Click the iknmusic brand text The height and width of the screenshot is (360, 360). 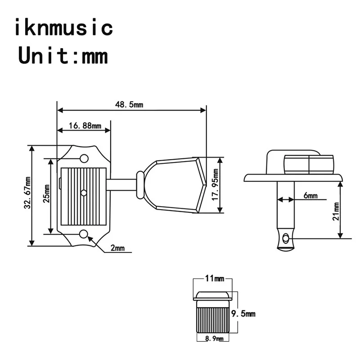63,28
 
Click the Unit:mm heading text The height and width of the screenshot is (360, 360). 63,57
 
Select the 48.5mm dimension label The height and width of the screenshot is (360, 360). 129,104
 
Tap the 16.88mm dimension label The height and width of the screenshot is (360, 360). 85,126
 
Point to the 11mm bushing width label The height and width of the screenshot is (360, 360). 214,279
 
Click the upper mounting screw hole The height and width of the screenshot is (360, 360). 84,159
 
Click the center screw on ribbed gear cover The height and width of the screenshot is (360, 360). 84,193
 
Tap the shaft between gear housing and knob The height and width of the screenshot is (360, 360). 122,184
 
